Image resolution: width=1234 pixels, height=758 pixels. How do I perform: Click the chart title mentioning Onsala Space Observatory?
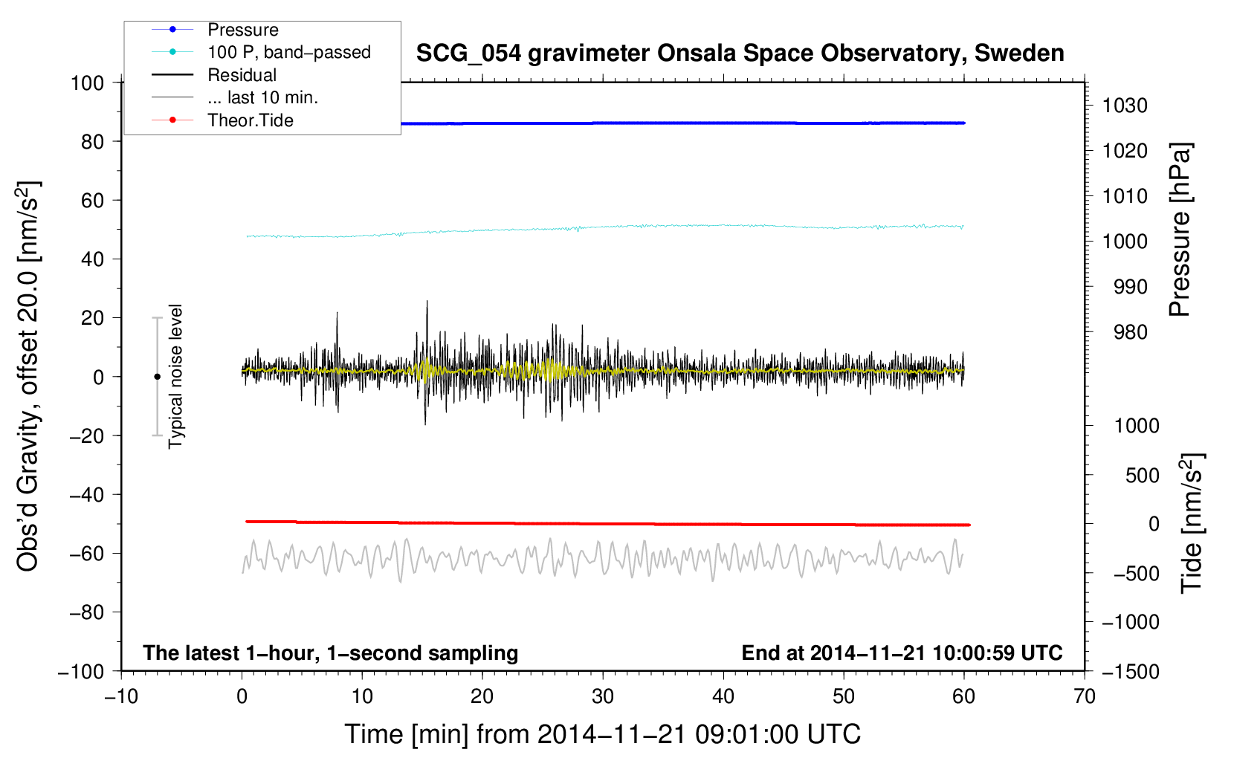click(740, 54)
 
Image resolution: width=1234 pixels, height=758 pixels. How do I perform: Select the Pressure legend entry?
click(242, 30)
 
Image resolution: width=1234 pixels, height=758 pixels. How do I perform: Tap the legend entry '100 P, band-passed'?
click(288, 52)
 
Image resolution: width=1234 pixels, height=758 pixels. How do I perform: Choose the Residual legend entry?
click(242, 75)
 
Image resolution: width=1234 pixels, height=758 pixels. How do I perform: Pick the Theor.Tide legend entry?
click(250, 120)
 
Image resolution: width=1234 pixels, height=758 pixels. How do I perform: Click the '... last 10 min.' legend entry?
click(262, 97)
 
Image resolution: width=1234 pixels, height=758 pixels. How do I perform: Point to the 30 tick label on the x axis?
click(603, 696)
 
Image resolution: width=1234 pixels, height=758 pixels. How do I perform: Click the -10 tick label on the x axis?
click(121, 696)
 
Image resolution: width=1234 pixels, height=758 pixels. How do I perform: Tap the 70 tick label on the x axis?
click(1085, 696)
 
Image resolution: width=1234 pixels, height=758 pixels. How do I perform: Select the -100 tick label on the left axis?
click(82, 671)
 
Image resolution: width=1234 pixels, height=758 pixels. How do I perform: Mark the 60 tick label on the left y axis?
click(92, 200)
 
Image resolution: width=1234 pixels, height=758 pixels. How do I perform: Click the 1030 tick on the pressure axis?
click(1125, 106)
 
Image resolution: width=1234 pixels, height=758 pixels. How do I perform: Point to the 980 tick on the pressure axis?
click(1130, 332)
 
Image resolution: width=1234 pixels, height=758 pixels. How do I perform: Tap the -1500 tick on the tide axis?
click(1131, 671)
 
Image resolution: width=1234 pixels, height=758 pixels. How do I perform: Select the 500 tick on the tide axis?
click(1142, 475)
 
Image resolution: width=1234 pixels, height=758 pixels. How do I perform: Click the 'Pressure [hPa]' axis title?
click(1180, 230)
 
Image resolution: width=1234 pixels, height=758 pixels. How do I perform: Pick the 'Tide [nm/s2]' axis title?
click(1192, 522)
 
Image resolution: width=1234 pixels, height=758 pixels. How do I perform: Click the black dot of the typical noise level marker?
click(157, 377)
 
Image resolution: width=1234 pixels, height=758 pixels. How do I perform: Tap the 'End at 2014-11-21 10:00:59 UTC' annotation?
click(902, 652)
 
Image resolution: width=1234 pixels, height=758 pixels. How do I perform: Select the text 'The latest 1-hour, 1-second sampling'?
click(331, 652)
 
